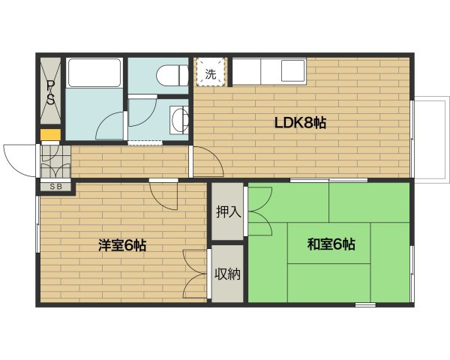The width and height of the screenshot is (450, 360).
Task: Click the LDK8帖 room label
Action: (300, 123)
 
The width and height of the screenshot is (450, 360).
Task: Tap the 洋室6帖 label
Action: (122, 245)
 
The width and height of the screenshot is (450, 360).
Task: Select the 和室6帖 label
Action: (331, 244)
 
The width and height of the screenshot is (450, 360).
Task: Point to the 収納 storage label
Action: (227, 274)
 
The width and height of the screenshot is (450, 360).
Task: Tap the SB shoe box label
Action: (56, 187)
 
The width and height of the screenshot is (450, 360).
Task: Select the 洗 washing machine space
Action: (210, 72)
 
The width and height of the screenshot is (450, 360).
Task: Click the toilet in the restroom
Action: (172, 76)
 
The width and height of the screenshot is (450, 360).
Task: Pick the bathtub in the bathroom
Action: (94, 73)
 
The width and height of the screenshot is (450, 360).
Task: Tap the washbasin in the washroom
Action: (178, 120)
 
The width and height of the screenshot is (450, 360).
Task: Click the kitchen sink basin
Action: (292, 70)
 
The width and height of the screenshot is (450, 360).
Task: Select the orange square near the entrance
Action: (50, 135)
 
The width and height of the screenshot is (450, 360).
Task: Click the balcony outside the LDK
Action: (431, 139)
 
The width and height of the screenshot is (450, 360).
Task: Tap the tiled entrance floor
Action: (55, 162)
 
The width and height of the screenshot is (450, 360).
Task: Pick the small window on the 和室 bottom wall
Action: (365, 305)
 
